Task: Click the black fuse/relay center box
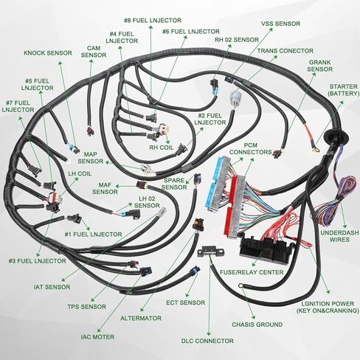coord(267,249)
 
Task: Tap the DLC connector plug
coord(211,252)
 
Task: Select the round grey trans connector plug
coord(235,99)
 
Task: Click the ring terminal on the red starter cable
coord(314,149)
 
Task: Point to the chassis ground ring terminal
coord(240,285)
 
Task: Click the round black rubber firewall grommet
coord(336,136)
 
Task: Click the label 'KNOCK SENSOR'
coord(48,53)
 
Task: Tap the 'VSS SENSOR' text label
coord(280,24)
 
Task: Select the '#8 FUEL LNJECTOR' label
coord(153,21)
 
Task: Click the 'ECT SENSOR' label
coord(185,302)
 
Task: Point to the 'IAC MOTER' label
coord(97,337)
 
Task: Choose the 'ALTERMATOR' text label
coord(141,318)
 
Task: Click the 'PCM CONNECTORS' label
coord(251,149)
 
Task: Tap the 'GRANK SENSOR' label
coord(319,66)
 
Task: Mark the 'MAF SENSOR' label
coord(105,188)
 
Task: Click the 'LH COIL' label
coord(80,173)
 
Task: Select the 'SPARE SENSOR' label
coord(174,184)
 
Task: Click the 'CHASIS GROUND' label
coord(257,325)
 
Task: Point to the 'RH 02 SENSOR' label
coord(237,40)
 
